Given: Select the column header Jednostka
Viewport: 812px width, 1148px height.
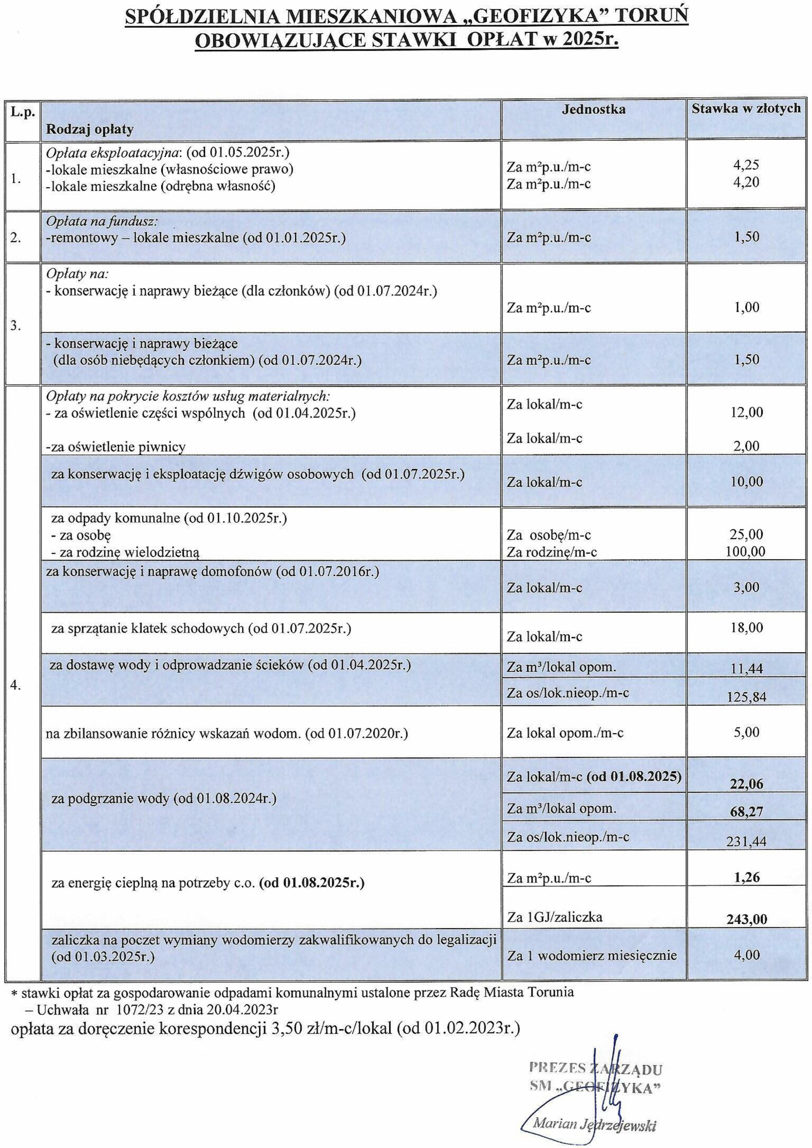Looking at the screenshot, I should [594, 110].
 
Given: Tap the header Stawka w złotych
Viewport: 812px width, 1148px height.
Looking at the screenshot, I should [746, 108].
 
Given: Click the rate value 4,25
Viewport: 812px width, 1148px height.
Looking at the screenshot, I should [746, 166].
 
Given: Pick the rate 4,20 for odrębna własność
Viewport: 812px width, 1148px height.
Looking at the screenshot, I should [746, 182].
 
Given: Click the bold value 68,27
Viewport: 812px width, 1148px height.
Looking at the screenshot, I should [747, 811].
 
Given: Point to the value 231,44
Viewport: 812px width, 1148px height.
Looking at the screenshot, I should [746, 842].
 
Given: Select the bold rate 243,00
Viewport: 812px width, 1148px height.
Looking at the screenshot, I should [747, 919].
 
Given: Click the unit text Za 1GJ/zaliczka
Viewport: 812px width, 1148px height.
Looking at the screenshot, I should [555, 917].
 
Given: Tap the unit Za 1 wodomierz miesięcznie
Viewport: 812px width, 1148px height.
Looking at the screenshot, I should [592, 956].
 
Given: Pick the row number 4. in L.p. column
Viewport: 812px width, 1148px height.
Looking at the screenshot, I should [16, 685].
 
